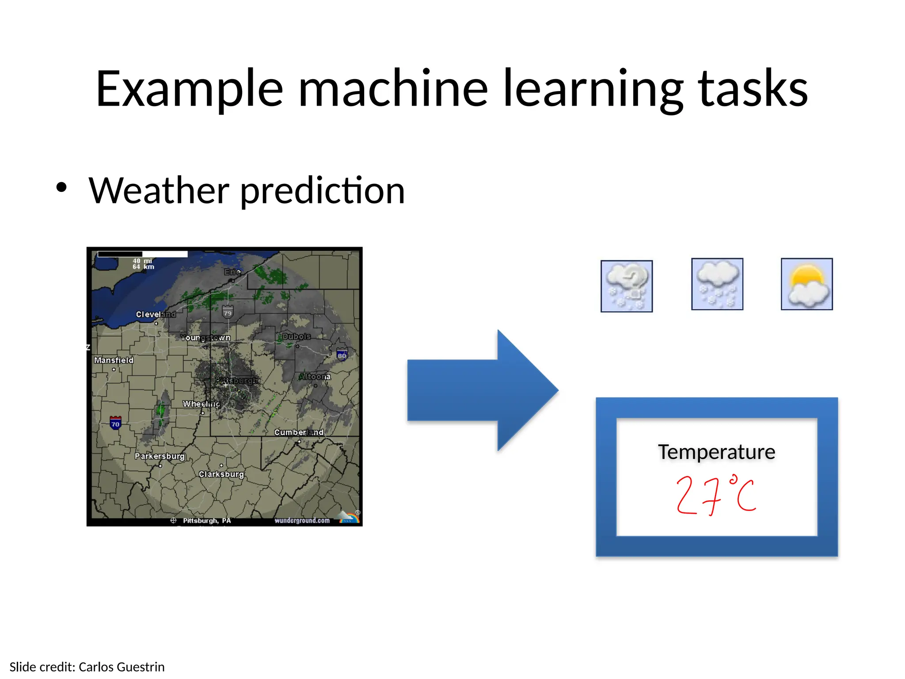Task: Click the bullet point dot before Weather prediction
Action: tap(61, 187)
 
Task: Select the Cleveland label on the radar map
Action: tap(156, 314)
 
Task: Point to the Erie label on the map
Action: tap(232, 272)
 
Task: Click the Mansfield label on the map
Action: tap(114, 360)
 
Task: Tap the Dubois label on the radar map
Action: tap(297, 336)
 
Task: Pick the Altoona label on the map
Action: tap(315, 377)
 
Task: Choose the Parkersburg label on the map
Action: tap(160, 456)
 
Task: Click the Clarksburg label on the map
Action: tap(221, 474)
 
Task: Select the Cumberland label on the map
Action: tap(299, 432)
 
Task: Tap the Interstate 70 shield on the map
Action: tap(115, 423)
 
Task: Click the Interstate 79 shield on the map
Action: tap(228, 312)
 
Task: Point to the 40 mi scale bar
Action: tap(142, 255)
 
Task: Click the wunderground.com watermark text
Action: tap(302, 520)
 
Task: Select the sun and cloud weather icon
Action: tap(806, 284)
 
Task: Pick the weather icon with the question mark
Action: tap(627, 286)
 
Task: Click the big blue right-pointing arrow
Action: tap(482, 390)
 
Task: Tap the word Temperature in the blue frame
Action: tap(716, 452)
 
